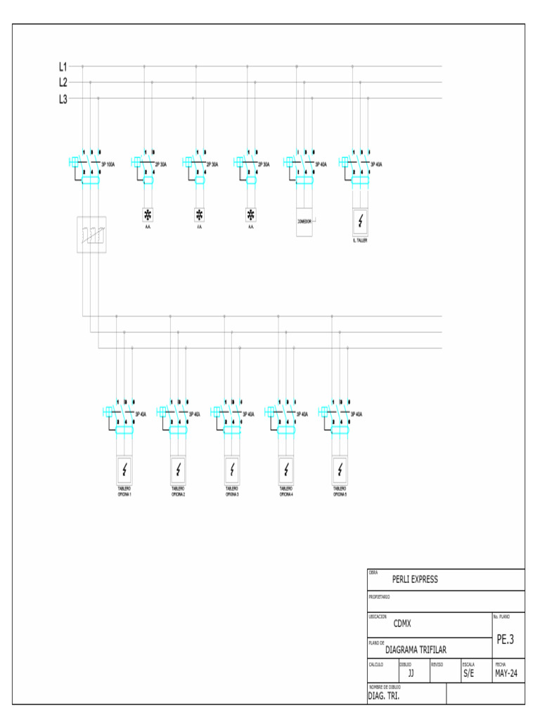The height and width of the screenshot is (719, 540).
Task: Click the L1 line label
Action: [63, 67]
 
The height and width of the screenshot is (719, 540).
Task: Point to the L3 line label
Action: [63, 99]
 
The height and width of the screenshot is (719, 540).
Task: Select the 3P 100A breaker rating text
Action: [108, 164]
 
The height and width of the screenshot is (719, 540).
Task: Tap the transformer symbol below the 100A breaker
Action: [91, 234]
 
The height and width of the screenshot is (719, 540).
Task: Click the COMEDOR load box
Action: [304, 222]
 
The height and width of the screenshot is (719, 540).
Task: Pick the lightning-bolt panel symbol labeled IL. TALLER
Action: [361, 223]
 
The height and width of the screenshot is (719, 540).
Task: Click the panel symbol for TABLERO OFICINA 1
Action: [124, 469]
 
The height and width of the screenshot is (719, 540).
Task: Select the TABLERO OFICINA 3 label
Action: [232, 492]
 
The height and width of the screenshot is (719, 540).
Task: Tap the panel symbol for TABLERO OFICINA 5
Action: [340, 469]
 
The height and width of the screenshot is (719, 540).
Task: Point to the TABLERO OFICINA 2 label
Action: [179, 492]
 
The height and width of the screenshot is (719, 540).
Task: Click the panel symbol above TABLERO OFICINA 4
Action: [286, 469]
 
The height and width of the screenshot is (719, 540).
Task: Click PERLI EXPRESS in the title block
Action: [415, 579]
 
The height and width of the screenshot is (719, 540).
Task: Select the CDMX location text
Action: [402, 624]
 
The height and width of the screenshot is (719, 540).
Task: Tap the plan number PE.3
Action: [506, 640]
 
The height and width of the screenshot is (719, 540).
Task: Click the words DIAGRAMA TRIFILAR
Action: [416, 650]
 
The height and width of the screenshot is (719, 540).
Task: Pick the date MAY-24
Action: [506, 673]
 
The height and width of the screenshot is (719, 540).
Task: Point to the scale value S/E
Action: [468, 673]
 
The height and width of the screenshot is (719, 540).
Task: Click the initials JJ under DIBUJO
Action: [411, 673]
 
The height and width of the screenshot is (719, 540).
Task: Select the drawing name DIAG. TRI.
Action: [384, 697]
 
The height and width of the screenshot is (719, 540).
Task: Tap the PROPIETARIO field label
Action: [380, 597]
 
